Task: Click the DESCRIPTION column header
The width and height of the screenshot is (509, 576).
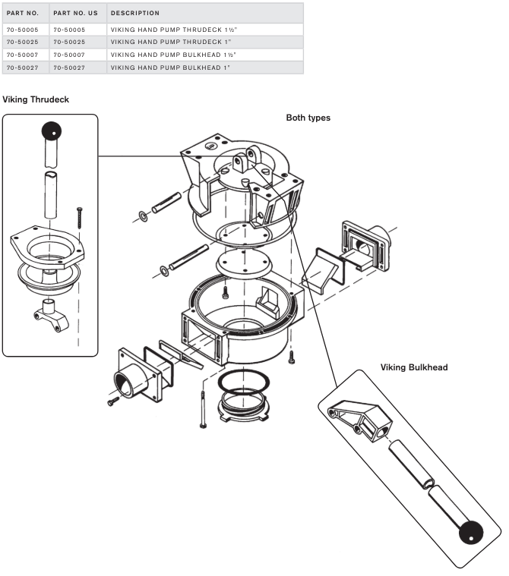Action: [x=134, y=14]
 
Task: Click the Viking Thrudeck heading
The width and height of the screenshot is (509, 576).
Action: [x=36, y=99]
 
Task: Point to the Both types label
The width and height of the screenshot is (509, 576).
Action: [x=308, y=118]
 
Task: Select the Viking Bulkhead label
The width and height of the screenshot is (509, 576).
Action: [x=414, y=367]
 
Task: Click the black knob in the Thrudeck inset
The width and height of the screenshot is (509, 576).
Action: [x=52, y=131]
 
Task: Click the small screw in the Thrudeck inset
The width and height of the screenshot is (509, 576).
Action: [x=78, y=217]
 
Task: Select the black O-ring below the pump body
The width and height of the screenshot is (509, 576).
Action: [x=243, y=379]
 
